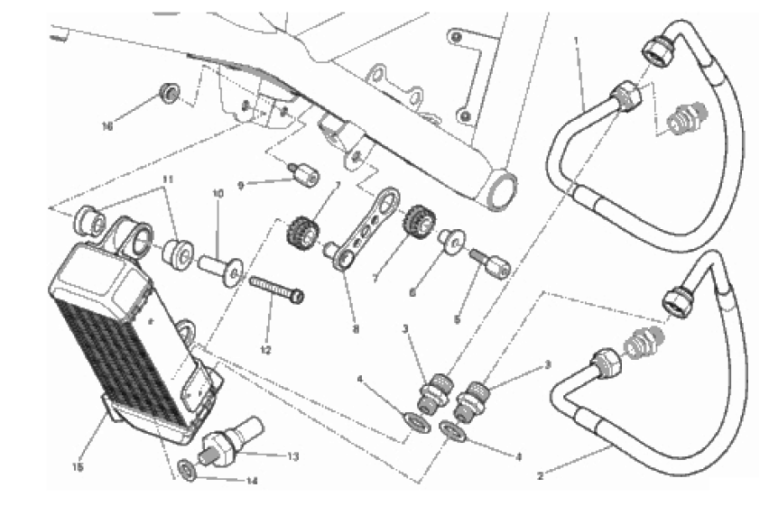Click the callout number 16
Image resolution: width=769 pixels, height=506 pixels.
[107, 126]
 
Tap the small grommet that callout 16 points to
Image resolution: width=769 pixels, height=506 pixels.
[170, 93]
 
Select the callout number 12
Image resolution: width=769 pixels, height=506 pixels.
[265, 350]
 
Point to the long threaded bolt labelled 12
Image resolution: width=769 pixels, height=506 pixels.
[276, 290]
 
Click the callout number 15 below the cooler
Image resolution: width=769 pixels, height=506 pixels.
[78, 467]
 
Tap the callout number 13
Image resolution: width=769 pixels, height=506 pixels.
[292, 456]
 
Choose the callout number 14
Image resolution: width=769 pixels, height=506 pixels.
[252, 481]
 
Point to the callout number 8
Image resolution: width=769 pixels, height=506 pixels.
[356, 328]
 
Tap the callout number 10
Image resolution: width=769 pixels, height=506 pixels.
[218, 193]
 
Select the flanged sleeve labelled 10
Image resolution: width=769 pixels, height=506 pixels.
[221, 271]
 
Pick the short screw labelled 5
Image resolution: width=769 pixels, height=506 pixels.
[490, 262]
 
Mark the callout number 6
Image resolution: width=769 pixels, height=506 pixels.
[412, 293]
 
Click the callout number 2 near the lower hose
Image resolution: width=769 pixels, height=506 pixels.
[541, 475]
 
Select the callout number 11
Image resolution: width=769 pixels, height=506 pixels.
[168, 179]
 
